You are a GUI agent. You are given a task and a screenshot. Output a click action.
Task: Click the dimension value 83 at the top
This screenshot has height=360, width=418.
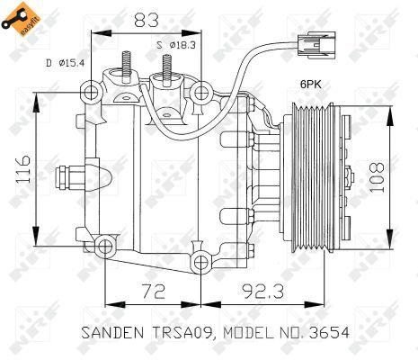(146, 21)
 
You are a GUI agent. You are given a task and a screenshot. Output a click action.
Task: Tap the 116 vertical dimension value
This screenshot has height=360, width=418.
(22, 169)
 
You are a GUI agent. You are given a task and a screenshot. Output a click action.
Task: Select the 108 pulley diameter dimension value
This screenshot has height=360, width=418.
(377, 178)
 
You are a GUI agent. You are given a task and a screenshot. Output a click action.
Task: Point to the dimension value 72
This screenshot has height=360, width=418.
(154, 291)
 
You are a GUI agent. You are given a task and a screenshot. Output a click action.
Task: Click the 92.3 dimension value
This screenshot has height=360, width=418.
(263, 291)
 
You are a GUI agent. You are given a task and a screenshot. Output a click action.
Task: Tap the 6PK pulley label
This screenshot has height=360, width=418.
(311, 85)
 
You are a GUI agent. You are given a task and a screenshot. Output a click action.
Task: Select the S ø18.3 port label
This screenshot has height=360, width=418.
(176, 45)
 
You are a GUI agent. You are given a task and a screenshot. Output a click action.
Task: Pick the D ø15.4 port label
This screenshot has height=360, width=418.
(66, 63)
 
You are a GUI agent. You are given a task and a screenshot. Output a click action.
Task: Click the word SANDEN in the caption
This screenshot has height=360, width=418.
(112, 333)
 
